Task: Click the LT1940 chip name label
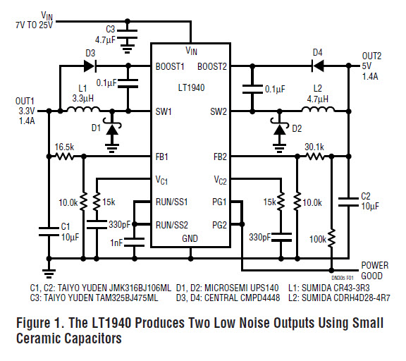(191, 87)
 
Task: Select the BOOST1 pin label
(170, 66)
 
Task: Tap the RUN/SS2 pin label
(172, 225)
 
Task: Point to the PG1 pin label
(219, 202)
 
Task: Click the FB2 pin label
(220, 157)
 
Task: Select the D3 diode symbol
(90, 66)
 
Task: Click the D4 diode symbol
(317, 66)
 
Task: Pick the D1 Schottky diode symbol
(112, 128)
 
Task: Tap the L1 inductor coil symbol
(83, 109)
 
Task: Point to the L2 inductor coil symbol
(318, 109)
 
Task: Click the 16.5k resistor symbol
(64, 157)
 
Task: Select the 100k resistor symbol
(331, 238)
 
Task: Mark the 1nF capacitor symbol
(135, 242)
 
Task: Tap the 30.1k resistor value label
(314, 147)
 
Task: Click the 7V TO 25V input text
(34, 25)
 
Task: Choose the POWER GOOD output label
(375, 271)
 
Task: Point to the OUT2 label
(371, 56)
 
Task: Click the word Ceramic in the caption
(39, 338)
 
